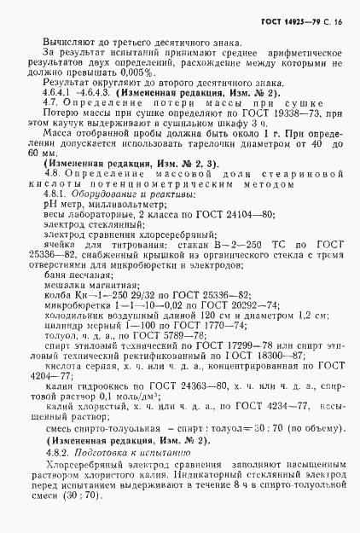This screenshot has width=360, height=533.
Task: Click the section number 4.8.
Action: point(49,184)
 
